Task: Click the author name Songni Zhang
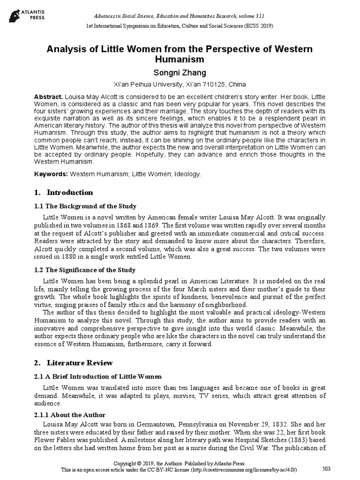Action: tap(180, 73)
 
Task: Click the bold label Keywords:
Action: tap(51, 174)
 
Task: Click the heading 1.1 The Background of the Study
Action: tap(85, 206)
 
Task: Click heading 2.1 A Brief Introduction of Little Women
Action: tap(98, 377)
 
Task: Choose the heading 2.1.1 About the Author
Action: tap(70, 415)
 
